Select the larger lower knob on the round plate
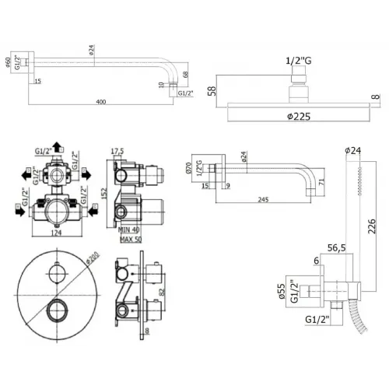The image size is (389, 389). (x=55, y=314)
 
